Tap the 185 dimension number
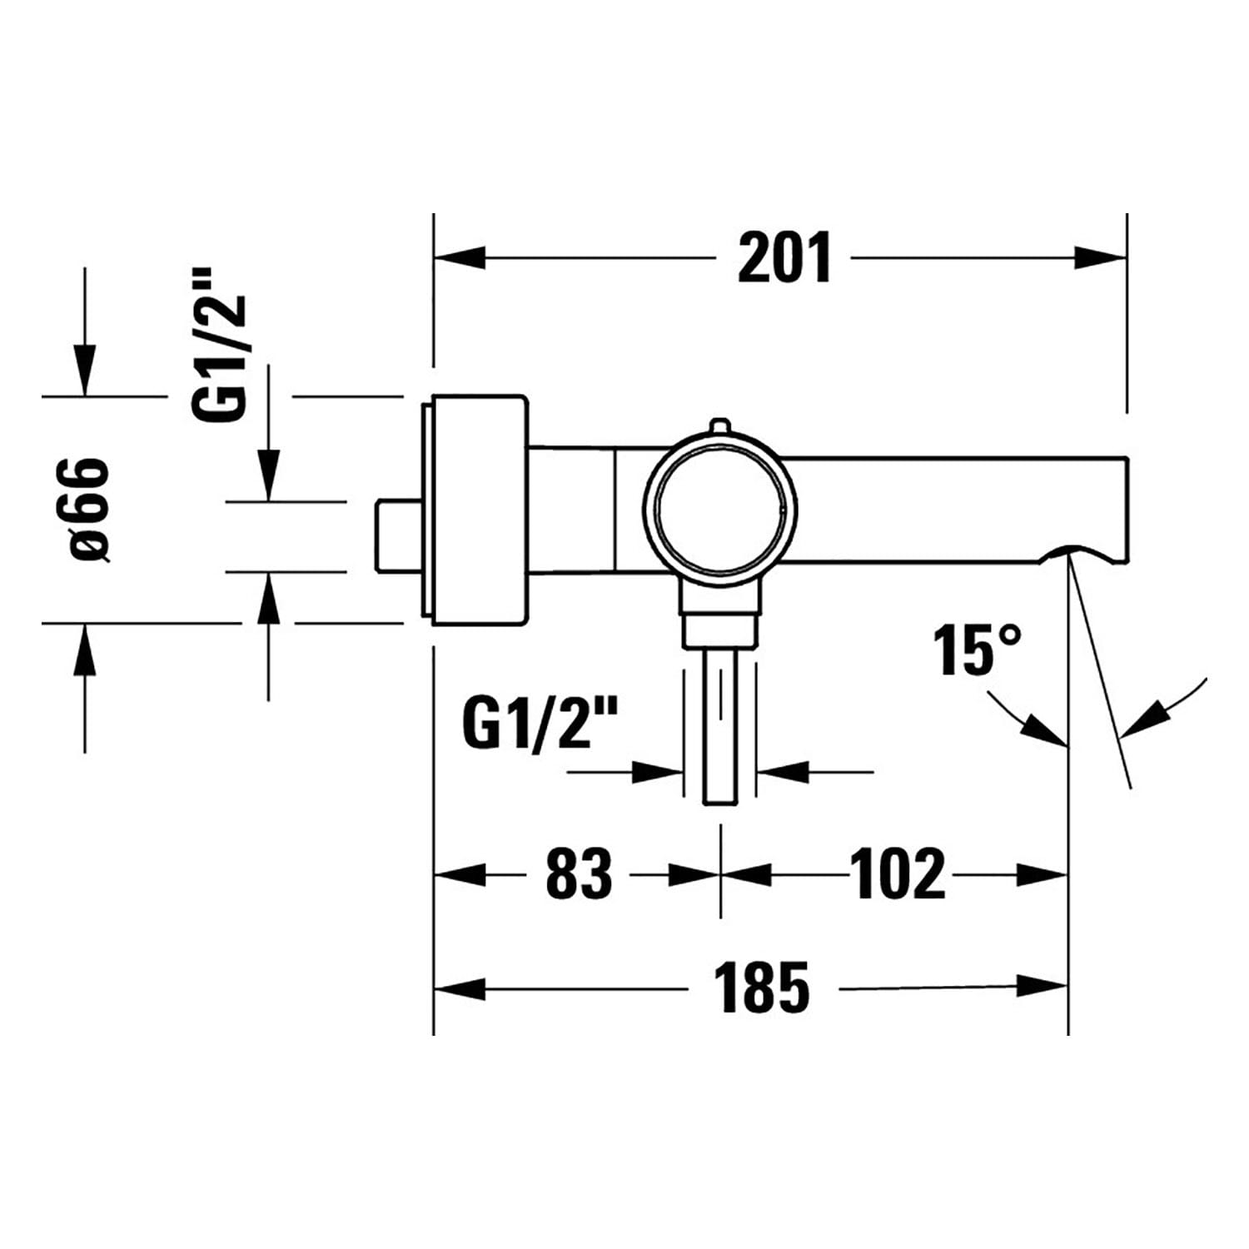(764, 988)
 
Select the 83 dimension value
(579, 873)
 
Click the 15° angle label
(976, 649)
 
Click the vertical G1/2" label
(221, 345)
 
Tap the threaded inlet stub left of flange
(399, 536)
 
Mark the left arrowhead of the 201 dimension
(459, 257)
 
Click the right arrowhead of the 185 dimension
(1042, 988)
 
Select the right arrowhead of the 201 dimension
(1101, 257)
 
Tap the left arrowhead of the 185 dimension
(459, 988)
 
